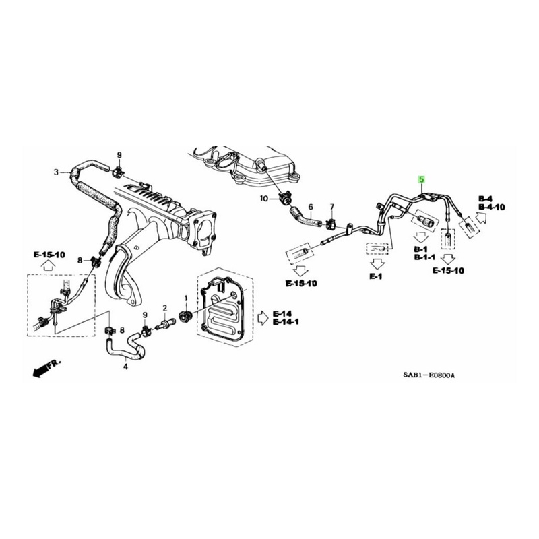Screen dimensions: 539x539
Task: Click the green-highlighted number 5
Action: point(421,179)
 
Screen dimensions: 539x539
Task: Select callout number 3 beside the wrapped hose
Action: point(57,172)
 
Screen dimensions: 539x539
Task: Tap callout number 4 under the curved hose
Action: point(125,367)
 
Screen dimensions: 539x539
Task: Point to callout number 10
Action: point(263,199)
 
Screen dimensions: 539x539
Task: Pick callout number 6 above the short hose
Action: point(311,207)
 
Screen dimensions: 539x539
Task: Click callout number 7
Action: point(331,207)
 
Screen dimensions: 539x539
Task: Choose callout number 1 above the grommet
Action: point(186,298)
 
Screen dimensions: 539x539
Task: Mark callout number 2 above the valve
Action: point(164,307)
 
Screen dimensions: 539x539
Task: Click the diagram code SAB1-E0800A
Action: point(429,375)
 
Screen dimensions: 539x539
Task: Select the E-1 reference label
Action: point(376,276)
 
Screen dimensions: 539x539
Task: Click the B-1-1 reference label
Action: point(424,257)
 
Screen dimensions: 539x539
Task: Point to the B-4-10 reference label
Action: point(492,207)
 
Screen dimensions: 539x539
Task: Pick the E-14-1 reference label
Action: point(286,322)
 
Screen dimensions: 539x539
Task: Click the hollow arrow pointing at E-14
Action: point(263,317)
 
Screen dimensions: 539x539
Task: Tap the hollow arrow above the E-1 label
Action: point(377,264)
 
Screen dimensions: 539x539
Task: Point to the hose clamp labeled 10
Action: point(284,199)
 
